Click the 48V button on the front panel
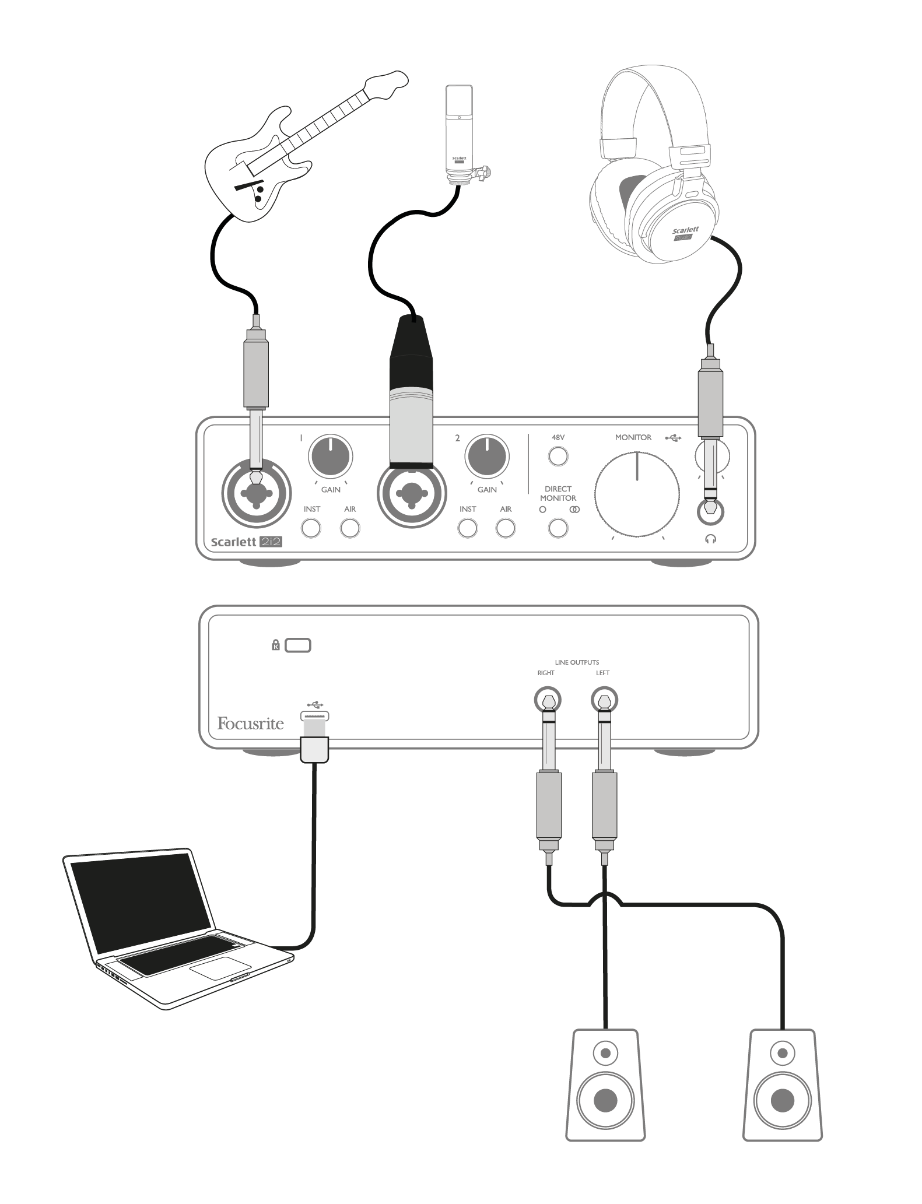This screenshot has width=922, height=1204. click(x=558, y=456)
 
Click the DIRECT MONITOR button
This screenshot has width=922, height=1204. click(x=558, y=528)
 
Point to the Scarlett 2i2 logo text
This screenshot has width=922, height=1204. click(x=247, y=542)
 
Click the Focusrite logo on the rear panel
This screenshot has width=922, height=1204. click(x=250, y=724)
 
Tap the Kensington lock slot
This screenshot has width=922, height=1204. click(x=298, y=645)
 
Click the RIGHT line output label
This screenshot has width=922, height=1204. click(x=546, y=673)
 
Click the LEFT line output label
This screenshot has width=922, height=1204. click(x=602, y=673)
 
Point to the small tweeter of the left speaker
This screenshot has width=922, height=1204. click(x=605, y=1053)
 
